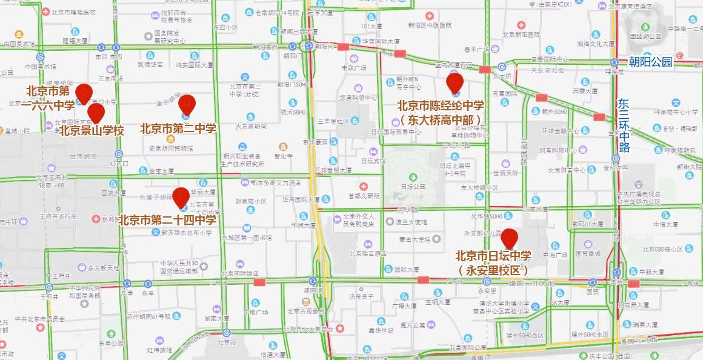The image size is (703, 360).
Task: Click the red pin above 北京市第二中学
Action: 187,104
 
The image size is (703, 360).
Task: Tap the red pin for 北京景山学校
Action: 96,113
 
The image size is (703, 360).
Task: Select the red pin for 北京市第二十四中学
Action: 181,197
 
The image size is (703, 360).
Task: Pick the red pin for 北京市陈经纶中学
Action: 455,82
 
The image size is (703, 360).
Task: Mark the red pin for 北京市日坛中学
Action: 509,238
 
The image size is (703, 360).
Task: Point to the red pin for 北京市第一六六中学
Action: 84,93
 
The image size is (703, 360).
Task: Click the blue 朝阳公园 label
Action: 650,62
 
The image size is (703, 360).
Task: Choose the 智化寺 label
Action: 284,155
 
